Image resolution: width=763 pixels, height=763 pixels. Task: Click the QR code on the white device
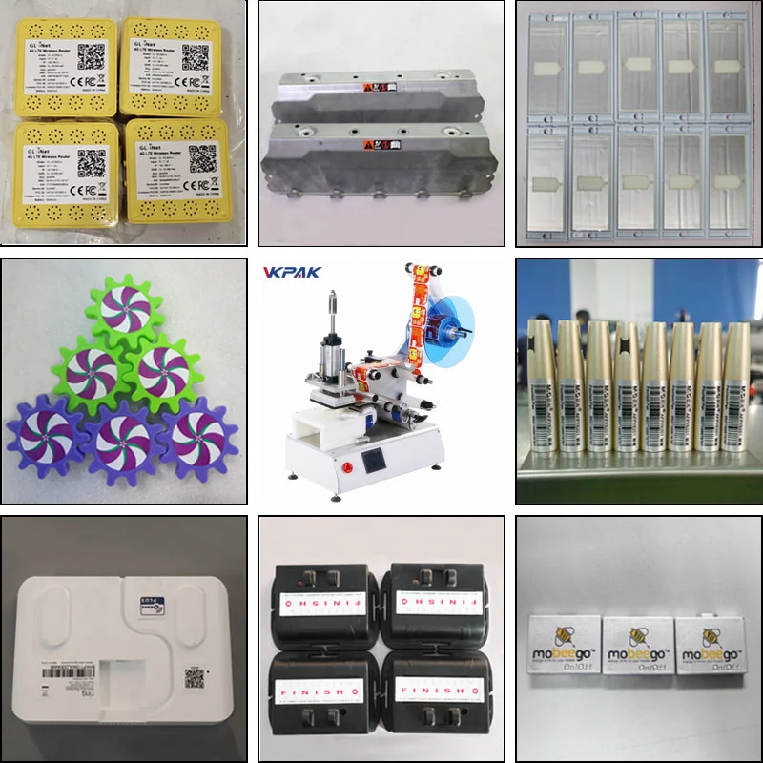tap(195, 678)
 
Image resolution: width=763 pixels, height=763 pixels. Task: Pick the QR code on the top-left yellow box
tap(91, 55)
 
